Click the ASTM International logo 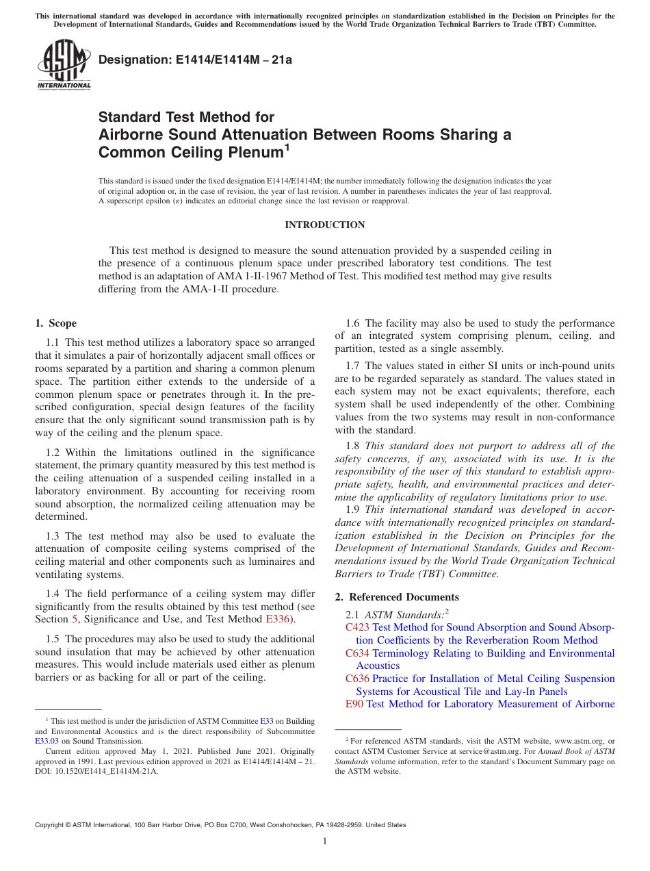click(x=64, y=65)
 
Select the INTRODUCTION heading click(x=324, y=225)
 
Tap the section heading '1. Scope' click(x=55, y=323)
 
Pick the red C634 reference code click(x=357, y=653)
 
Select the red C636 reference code click(x=357, y=679)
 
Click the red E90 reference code click(x=354, y=704)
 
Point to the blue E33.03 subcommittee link click(x=47, y=740)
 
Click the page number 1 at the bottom click(x=325, y=842)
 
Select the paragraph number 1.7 click(x=354, y=366)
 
